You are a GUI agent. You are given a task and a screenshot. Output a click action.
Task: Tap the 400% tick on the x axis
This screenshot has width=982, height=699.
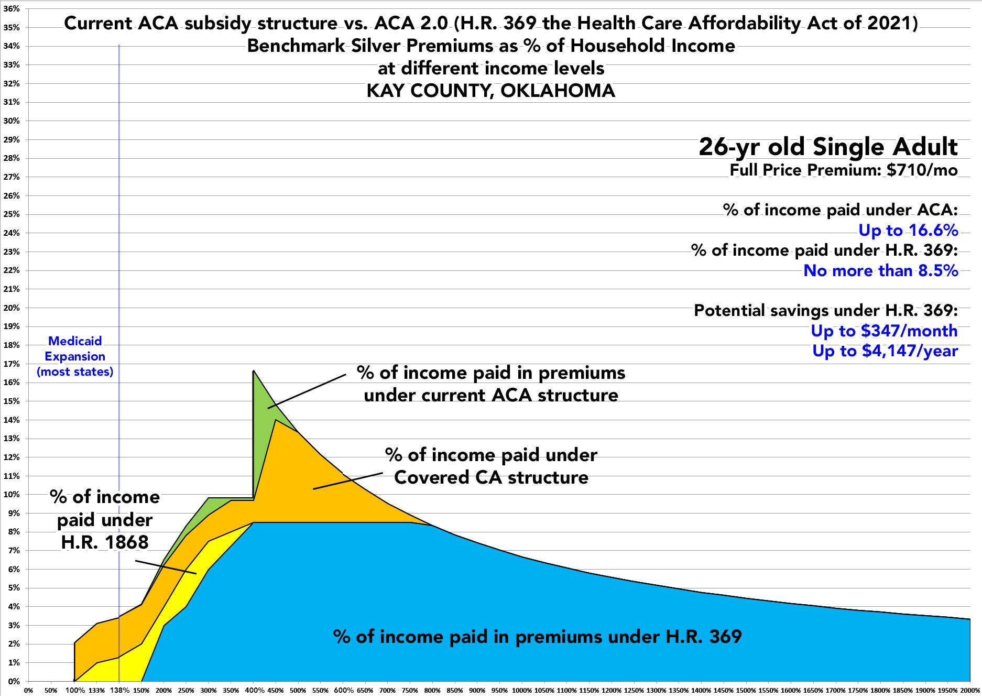254,690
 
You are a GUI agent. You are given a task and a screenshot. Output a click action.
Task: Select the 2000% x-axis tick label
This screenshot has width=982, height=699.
970,690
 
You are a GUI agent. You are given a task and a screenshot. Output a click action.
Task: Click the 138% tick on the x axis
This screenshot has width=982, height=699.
119,690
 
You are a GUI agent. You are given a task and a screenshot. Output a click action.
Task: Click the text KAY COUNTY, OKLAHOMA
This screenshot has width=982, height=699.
490,91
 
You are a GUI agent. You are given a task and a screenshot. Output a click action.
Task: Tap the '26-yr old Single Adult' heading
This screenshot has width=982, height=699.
828,147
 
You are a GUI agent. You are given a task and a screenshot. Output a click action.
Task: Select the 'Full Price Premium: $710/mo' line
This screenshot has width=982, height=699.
844,170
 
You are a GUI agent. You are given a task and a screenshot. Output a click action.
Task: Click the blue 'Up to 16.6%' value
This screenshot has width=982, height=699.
908,231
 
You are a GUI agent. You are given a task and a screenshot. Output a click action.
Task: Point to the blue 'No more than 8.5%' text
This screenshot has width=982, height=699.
880,270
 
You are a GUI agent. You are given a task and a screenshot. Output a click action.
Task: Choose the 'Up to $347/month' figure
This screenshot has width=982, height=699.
884,331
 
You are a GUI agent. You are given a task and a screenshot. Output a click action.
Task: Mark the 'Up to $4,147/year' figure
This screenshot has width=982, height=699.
885,351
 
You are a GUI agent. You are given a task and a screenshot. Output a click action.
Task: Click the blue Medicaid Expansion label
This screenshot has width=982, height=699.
75,356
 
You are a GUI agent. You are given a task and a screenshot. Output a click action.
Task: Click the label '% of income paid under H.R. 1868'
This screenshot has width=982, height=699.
105,519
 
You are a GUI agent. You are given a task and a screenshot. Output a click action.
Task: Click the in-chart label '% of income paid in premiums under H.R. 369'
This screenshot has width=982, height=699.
537,637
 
